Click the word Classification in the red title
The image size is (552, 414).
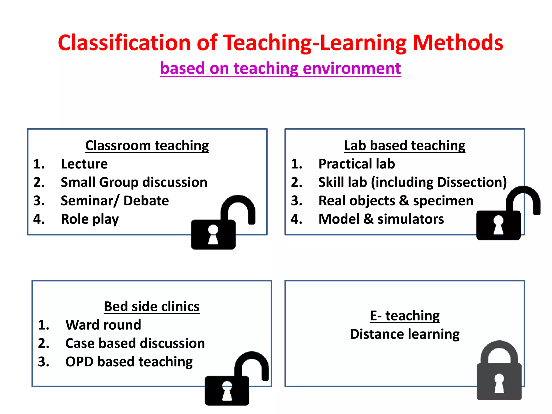125,43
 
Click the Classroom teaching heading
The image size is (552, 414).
147,146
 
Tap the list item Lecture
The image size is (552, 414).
84,164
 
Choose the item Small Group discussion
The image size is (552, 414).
134,182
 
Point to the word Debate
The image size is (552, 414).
146,201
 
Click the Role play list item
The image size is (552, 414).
89,219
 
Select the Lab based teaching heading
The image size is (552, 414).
405,146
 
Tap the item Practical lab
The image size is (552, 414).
356,164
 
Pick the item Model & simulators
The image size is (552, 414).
381,219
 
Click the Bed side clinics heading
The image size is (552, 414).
151,306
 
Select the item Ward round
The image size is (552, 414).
103,325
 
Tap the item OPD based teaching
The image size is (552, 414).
129,362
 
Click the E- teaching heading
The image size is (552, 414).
405,316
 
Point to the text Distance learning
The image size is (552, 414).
405,334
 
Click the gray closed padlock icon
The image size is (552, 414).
499,377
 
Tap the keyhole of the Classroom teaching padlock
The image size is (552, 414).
213,234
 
